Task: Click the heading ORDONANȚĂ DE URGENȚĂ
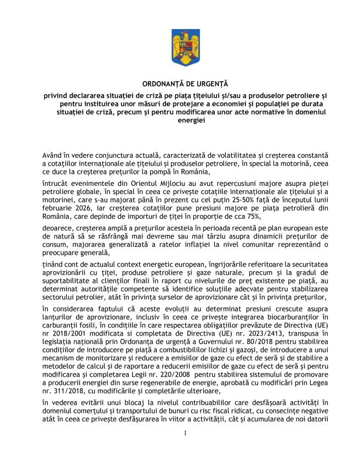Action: pyautogui.click(x=180, y=84)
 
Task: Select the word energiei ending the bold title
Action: pyautogui.click(x=180, y=120)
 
